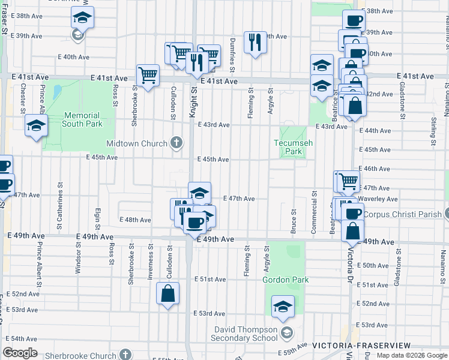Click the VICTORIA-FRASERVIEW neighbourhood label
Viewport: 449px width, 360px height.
point(361,346)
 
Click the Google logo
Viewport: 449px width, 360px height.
point(20,353)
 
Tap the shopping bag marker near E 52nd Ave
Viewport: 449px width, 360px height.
point(168,293)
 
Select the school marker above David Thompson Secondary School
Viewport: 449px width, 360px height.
point(283,307)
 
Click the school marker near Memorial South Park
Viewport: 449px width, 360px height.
point(37,126)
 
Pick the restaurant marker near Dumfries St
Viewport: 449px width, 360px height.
point(255,42)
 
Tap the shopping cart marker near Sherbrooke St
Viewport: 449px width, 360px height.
point(148,75)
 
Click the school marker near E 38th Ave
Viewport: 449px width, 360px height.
point(82,18)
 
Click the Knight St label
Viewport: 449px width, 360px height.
point(194,97)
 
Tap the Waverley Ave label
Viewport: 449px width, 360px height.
point(379,199)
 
